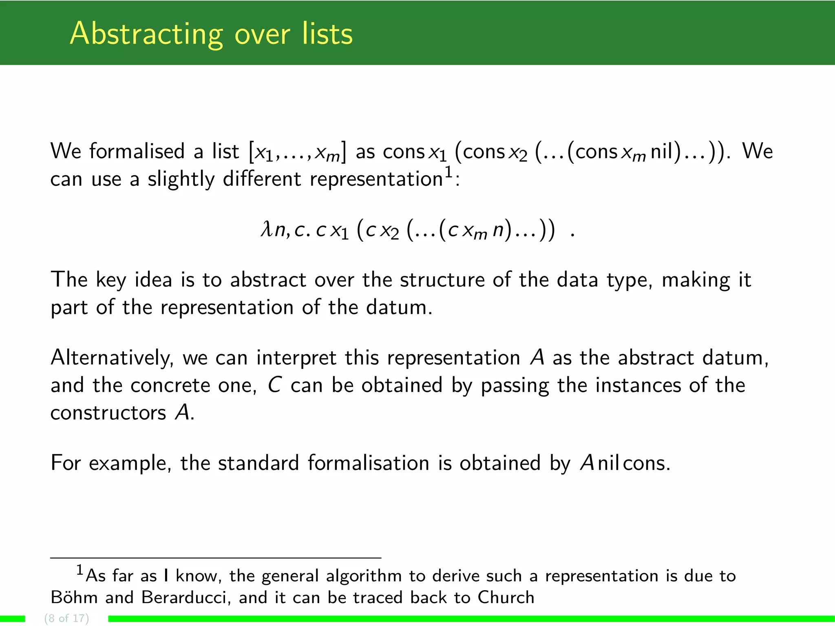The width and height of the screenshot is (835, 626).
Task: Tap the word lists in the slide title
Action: [x=327, y=34]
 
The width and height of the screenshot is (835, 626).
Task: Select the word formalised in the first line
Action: [x=137, y=152]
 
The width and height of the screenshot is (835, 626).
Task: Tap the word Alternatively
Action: [x=112, y=358]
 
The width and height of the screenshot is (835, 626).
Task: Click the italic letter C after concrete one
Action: [x=274, y=385]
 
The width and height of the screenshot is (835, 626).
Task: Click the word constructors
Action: [x=108, y=413]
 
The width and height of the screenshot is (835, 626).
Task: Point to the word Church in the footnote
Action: [x=506, y=597]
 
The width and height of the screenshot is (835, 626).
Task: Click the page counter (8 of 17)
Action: [x=66, y=618]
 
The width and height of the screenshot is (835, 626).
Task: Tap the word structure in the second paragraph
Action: [x=442, y=280]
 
